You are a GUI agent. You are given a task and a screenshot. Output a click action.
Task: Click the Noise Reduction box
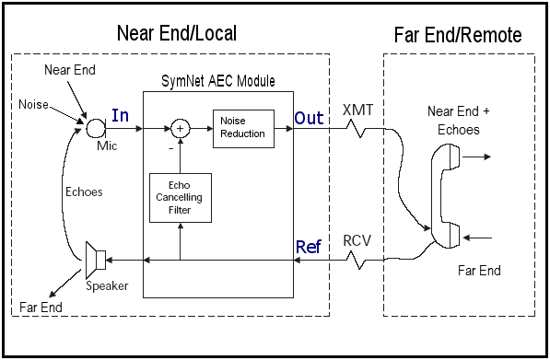(x=243, y=129)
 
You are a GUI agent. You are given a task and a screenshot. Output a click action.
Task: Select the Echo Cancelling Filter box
(x=181, y=198)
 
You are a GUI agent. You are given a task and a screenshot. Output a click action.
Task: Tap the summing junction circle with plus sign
(x=181, y=129)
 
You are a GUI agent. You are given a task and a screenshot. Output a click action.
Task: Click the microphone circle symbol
(x=96, y=128)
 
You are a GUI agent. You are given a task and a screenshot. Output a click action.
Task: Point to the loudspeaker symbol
(x=96, y=260)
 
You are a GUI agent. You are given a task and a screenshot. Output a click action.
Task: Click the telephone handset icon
(x=445, y=196)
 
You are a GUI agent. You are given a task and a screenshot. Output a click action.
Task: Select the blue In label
(x=120, y=115)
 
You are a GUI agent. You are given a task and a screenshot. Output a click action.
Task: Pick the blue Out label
(x=309, y=118)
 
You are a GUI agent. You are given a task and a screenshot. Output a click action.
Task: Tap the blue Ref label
(x=309, y=247)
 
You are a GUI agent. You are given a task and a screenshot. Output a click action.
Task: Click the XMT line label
(x=357, y=110)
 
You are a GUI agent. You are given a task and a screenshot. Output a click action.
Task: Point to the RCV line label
(x=357, y=241)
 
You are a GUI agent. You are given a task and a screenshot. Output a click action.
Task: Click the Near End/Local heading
(x=177, y=33)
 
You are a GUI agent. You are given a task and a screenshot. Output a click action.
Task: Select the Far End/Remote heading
(x=458, y=35)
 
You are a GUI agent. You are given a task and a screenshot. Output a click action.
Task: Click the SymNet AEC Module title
(x=217, y=81)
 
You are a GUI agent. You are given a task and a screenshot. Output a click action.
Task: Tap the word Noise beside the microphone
(x=33, y=104)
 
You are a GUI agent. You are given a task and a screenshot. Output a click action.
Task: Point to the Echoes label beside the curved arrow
(x=84, y=192)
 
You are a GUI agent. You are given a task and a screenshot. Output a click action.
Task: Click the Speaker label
(x=107, y=286)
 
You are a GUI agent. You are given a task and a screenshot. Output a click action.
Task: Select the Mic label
(x=107, y=145)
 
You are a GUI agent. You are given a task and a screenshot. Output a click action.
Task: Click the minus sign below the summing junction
(x=171, y=149)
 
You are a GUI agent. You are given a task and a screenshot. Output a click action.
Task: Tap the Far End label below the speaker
(x=41, y=308)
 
